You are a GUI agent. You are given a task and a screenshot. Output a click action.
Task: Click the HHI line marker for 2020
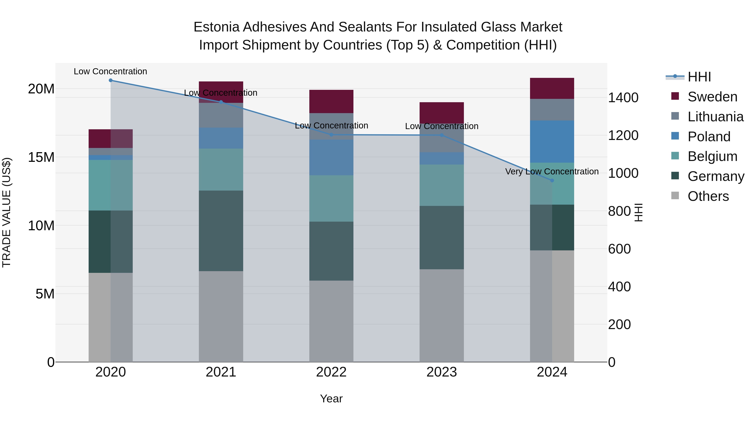(111, 80)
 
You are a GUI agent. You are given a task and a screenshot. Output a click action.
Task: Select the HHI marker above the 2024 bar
(552, 180)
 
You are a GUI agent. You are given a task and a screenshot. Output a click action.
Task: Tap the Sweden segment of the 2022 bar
(331, 101)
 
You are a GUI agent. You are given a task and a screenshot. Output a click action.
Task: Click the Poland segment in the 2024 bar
(552, 141)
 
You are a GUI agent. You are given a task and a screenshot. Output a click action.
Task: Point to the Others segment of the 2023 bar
(442, 315)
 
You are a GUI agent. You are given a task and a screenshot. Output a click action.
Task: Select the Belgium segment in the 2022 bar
(331, 198)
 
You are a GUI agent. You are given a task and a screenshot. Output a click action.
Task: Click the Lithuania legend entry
(715, 117)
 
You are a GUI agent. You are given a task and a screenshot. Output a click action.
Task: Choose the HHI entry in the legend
(699, 77)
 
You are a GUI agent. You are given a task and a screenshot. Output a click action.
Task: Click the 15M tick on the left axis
(41, 157)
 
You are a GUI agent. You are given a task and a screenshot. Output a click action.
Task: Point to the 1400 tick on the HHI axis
(623, 97)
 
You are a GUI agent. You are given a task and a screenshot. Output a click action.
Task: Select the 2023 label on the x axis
(442, 372)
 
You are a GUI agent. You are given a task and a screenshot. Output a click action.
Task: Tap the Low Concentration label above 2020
(110, 71)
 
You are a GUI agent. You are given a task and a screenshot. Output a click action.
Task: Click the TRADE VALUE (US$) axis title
(7, 212)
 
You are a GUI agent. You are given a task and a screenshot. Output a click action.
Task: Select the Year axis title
(331, 399)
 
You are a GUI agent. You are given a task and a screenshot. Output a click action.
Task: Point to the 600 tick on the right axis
(619, 249)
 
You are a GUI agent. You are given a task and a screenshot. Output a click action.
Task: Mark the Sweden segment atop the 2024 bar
(552, 88)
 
